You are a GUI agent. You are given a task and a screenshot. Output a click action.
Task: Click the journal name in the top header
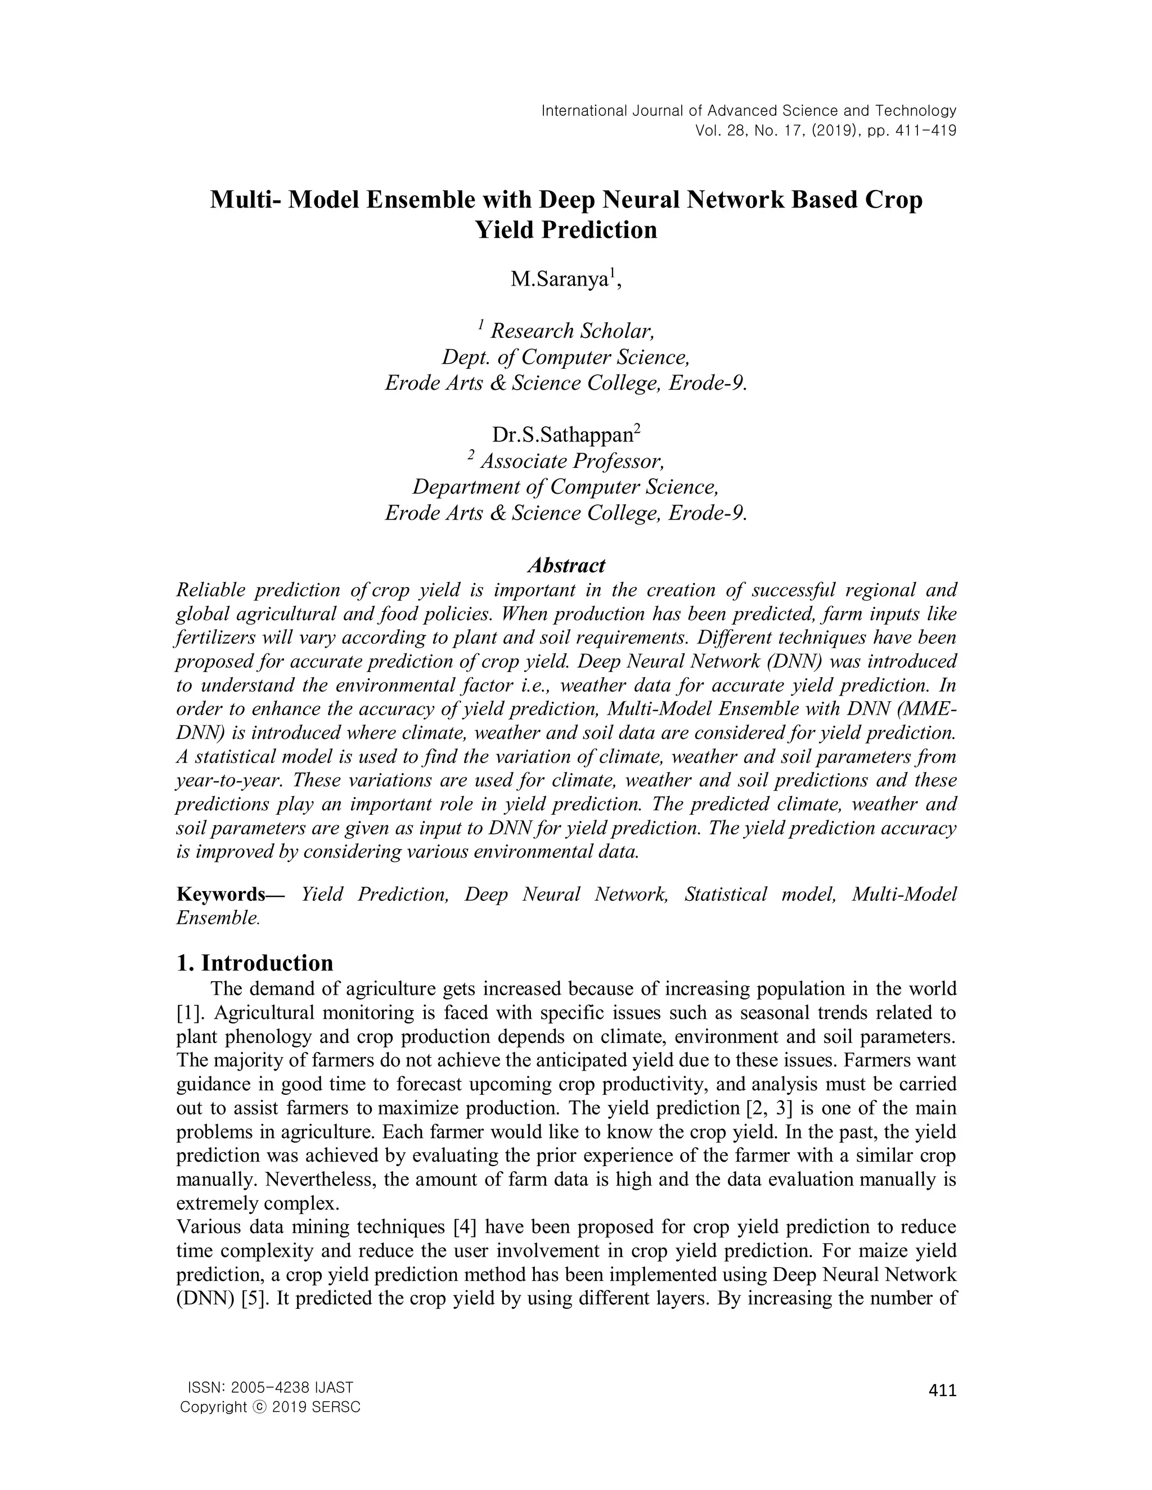[x=749, y=111]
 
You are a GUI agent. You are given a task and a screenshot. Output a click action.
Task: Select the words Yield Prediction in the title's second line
[x=566, y=230]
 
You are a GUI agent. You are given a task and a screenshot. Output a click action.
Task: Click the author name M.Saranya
[x=560, y=279]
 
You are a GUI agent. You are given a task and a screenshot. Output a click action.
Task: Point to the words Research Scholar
[x=573, y=332]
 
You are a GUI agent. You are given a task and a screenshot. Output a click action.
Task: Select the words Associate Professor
[x=572, y=462]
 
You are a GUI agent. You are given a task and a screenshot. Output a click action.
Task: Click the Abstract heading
[x=566, y=566]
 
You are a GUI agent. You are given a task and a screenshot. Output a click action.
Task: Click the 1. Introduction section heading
[x=255, y=963]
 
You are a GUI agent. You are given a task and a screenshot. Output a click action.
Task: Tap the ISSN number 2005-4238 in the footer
[x=269, y=1388]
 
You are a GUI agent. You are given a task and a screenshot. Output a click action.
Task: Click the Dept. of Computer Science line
[x=566, y=358]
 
